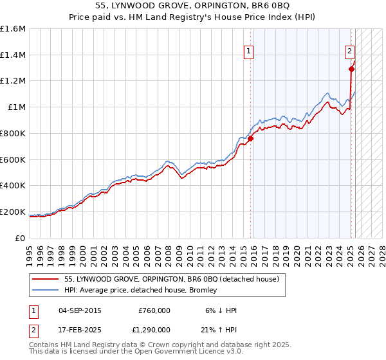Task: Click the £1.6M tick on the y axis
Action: [12, 29]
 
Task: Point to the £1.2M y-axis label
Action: [12, 81]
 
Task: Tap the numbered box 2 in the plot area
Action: [349, 51]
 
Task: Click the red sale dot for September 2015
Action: [251, 138]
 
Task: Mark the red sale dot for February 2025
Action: [351, 69]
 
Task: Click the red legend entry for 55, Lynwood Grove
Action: [171, 279]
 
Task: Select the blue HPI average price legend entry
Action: [141, 290]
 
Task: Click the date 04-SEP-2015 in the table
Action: [80, 310]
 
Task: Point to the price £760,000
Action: [154, 310]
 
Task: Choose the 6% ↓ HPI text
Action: [221, 310]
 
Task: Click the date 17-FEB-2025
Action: [80, 329]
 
